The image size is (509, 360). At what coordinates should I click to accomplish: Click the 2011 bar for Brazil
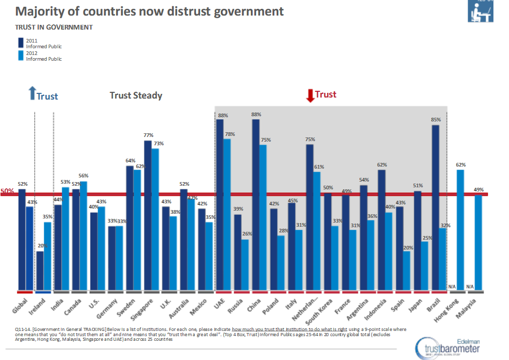pos(435,207)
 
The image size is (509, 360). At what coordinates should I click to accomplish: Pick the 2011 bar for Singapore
pos(148,215)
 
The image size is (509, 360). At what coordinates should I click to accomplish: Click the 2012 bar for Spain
pos(406,270)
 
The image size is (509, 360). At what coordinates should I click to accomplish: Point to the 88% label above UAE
pos(220,115)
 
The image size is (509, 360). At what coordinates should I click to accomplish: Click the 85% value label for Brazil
pos(435,120)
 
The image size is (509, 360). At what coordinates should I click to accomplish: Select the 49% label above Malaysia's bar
pos(478,190)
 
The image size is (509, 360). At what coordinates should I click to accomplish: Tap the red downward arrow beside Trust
pos(310,95)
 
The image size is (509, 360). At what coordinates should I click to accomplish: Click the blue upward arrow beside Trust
pos(32,93)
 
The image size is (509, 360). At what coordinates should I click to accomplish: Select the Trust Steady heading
pos(136,95)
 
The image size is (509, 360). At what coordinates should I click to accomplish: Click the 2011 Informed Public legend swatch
pos(21,43)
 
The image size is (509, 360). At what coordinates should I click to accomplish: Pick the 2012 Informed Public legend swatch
pos(21,56)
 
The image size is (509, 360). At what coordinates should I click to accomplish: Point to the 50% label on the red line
pos(7,191)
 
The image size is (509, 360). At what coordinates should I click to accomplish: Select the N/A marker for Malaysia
pos(470,286)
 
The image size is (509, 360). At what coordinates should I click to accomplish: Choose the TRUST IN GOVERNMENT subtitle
pos(54,27)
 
